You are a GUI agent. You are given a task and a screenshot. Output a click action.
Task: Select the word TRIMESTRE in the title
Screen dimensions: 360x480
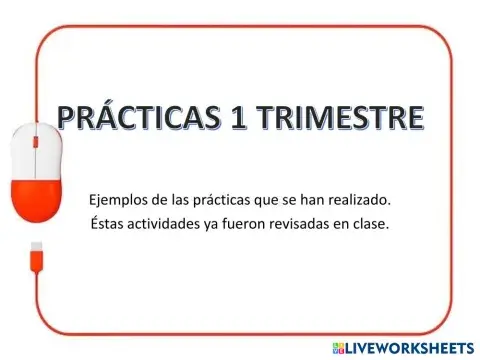tap(338, 118)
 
